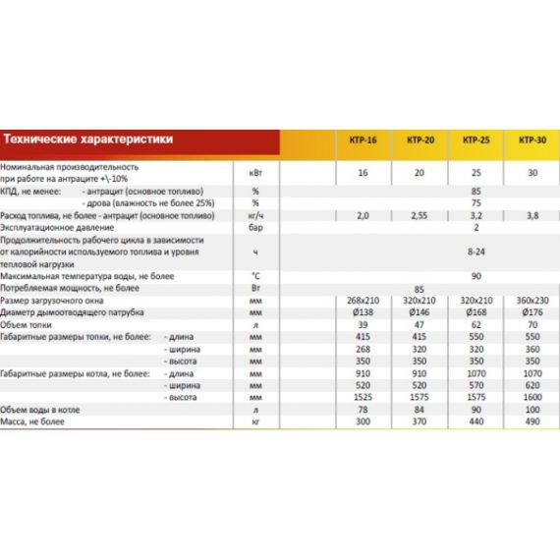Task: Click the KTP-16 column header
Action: click(363, 141)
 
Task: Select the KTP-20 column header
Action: click(420, 141)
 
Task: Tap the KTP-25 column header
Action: click(476, 141)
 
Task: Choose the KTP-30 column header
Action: click(532, 141)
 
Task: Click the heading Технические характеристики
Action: click(88, 140)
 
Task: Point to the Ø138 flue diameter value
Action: click(363, 312)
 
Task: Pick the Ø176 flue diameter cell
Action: click(532, 312)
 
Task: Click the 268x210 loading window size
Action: click(363, 301)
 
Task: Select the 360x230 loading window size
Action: click(532, 301)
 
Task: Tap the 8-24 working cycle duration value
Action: click(476, 252)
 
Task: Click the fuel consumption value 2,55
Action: click(420, 214)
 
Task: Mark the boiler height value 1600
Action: click(532, 398)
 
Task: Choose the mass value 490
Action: click(532, 421)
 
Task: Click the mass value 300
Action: click(363, 421)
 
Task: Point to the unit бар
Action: click(255, 226)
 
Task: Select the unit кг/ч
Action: click(255, 214)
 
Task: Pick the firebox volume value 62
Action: click(476, 324)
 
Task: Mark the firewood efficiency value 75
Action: click(476, 201)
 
